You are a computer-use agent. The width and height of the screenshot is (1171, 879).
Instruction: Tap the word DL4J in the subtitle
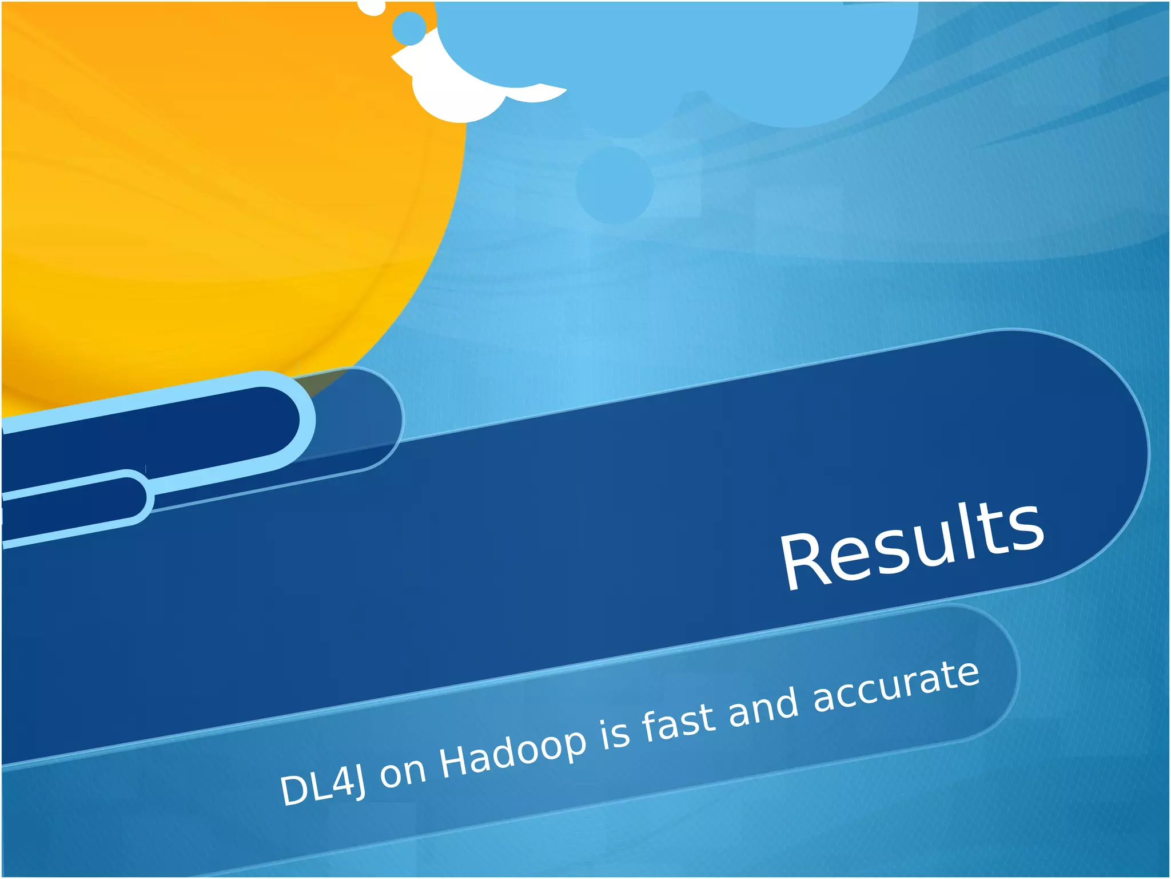pyautogui.click(x=322, y=786)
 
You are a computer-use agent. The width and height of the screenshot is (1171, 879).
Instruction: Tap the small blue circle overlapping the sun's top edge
pyautogui.click(x=409, y=27)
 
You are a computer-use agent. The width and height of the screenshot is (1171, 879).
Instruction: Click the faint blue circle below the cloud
pyautogui.click(x=614, y=185)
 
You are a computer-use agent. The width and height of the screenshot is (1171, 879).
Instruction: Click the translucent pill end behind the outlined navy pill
pyautogui.click(x=360, y=418)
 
